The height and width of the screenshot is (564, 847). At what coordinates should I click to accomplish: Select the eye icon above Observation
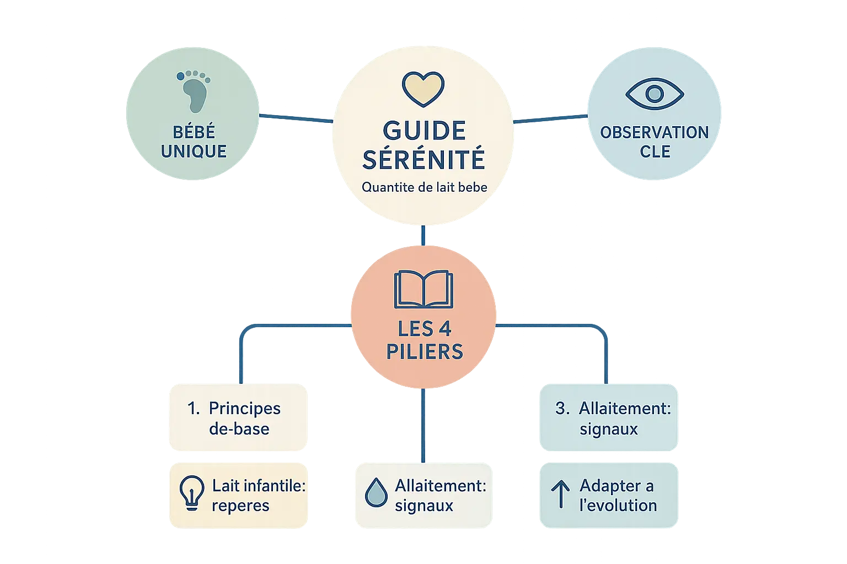(x=655, y=94)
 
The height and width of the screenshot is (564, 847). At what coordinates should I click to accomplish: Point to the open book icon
(x=423, y=289)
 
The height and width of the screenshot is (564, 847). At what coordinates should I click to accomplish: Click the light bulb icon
(x=191, y=492)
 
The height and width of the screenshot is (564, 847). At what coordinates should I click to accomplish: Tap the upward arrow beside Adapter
(x=560, y=493)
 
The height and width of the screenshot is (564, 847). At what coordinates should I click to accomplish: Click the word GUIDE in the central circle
(x=423, y=131)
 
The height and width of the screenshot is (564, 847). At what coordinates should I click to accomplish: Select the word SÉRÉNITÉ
(x=423, y=160)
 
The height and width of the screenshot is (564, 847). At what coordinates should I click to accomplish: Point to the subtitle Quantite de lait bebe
(x=424, y=187)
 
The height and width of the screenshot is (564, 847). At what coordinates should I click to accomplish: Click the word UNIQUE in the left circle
(x=194, y=151)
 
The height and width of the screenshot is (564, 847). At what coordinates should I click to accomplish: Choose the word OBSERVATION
(x=655, y=133)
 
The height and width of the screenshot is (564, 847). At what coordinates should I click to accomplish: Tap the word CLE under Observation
(x=655, y=151)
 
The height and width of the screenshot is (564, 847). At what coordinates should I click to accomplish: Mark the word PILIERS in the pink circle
(x=425, y=351)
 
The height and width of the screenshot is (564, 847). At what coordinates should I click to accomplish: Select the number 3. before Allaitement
(x=562, y=409)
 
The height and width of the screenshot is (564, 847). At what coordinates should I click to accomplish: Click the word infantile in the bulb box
(x=275, y=486)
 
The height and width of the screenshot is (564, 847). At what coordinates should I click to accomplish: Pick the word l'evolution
(x=618, y=506)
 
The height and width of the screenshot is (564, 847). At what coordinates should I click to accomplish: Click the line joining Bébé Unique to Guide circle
(x=295, y=117)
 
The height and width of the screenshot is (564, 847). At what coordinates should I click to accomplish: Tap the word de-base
(x=239, y=429)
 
